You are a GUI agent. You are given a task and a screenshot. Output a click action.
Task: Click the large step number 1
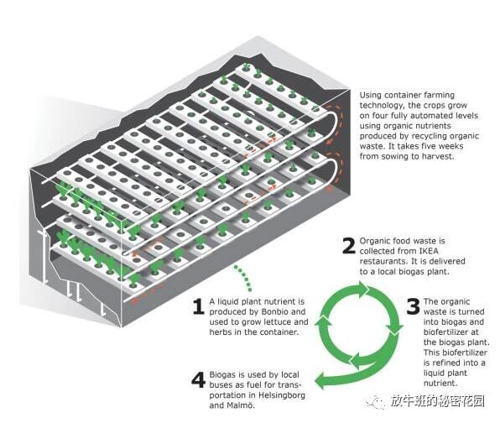click(199, 306)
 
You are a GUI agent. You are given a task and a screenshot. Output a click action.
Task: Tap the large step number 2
click(348, 246)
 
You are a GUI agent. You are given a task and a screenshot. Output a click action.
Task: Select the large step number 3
click(414, 306)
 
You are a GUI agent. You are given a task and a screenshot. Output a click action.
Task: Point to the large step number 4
click(198, 379)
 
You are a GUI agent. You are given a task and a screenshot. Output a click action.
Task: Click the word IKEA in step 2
click(429, 251)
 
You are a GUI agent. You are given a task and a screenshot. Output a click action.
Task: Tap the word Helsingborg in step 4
click(282, 395)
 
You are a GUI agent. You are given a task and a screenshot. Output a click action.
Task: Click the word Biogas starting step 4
click(222, 375)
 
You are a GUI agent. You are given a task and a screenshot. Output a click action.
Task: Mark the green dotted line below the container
click(243, 278)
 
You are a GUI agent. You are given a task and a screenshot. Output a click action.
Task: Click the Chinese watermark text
click(438, 401)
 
